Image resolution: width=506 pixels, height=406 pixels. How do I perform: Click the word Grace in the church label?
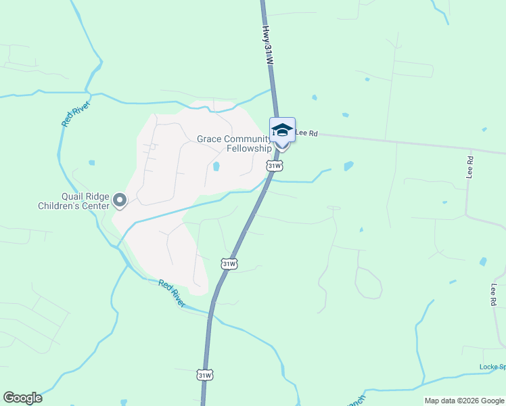[x=209, y=139]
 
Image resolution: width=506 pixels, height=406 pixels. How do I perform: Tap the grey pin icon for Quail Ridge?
[x=120, y=200]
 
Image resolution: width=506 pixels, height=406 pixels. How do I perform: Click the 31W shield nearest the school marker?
[x=273, y=166]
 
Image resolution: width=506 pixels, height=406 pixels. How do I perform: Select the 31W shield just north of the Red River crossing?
[x=229, y=264]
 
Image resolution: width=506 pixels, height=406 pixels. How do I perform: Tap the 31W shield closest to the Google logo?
[x=205, y=375]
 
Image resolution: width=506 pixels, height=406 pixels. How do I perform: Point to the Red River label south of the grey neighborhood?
[x=172, y=293]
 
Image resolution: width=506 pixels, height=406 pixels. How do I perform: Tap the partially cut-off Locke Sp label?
[x=492, y=367]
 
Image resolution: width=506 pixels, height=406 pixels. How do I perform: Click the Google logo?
[x=22, y=398]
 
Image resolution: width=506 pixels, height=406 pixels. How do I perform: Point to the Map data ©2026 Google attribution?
[x=463, y=401]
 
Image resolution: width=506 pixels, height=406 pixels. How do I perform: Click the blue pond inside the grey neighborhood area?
[x=216, y=166]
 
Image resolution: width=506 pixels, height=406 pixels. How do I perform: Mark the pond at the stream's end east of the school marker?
[x=348, y=166]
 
